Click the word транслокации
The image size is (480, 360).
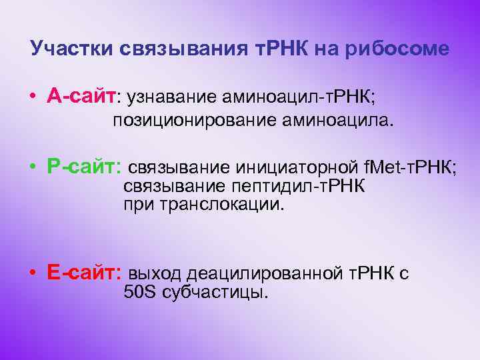[222, 204]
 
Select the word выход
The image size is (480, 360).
[155, 273]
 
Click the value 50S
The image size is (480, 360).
[139, 293]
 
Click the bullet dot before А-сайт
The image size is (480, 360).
[32, 97]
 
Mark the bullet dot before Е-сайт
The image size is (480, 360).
[32, 273]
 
